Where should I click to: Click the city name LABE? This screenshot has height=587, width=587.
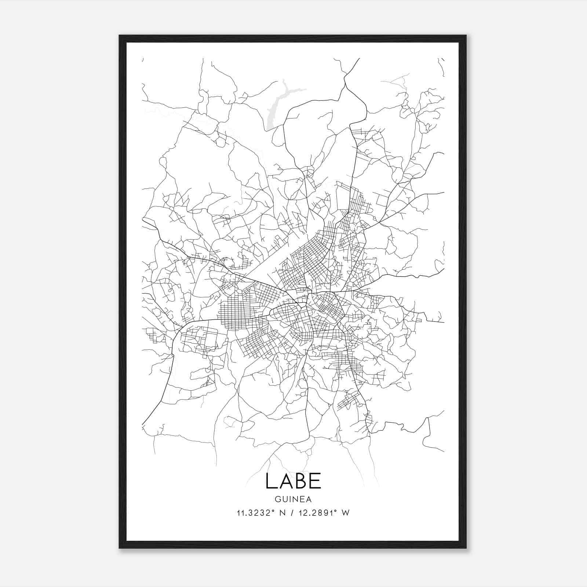(x=293, y=481)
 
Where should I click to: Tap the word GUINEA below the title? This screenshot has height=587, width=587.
(x=293, y=499)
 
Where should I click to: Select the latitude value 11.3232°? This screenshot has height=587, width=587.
(x=256, y=513)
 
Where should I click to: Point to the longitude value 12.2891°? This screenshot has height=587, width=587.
(x=316, y=513)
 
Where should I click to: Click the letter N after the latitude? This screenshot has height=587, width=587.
(x=282, y=513)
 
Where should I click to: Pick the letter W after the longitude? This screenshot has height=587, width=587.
(x=345, y=513)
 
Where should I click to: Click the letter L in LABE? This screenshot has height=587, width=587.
(x=270, y=481)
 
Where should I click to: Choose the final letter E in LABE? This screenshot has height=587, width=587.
(x=316, y=481)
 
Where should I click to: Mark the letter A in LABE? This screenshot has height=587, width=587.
(x=285, y=481)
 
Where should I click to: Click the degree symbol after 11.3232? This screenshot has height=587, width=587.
(x=273, y=510)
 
